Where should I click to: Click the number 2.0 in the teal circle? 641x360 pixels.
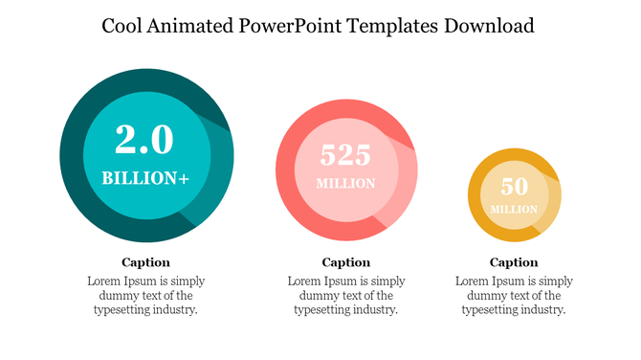[x=145, y=141]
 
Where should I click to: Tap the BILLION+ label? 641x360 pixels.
[x=145, y=178]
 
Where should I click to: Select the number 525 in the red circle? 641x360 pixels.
[x=345, y=155]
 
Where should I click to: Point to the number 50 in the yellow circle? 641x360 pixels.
[x=514, y=187]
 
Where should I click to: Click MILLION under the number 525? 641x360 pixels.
[x=345, y=184]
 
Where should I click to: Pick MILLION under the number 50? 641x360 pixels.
[x=514, y=209]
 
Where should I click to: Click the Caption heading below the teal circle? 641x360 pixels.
[x=145, y=262]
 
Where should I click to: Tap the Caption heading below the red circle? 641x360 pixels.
[x=345, y=262]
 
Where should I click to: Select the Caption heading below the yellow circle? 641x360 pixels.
[x=514, y=262]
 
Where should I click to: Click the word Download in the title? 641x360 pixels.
[x=489, y=26]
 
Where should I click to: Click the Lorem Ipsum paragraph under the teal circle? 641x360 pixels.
[x=145, y=296]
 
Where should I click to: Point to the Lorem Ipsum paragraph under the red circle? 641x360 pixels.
[x=345, y=296]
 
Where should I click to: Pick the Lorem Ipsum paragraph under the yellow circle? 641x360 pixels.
[x=514, y=296]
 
